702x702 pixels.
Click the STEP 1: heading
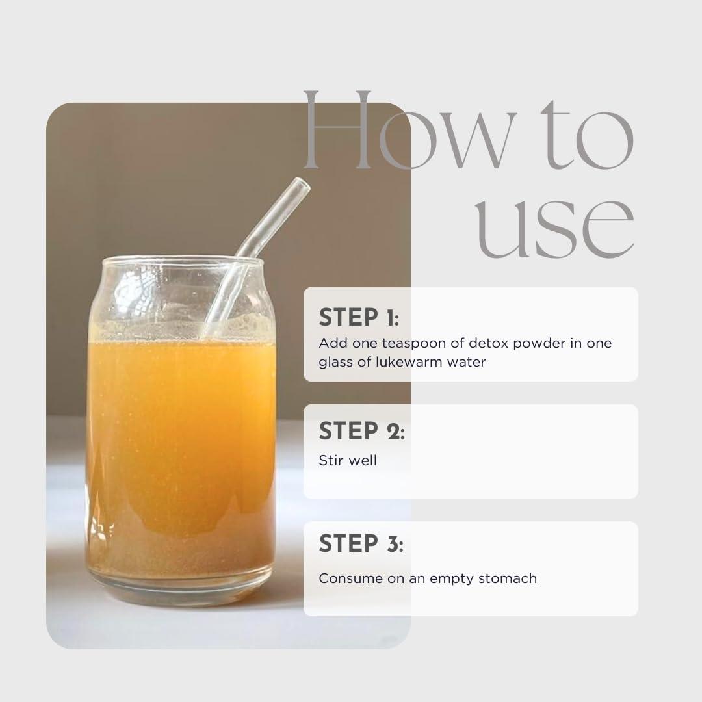[x=359, y=317]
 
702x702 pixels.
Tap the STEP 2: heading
[x=362, y=431]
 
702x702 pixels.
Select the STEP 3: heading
[x=361, y=543]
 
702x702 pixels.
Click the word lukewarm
[x=408, y=362]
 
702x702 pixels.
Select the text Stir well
[x=347, y=460]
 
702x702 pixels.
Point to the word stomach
[x=507, y=578]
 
